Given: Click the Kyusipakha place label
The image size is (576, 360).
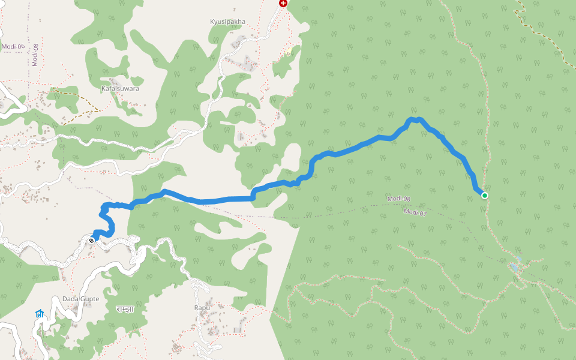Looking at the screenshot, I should (227, 22).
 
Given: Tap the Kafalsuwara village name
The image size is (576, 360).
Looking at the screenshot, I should (120, 88).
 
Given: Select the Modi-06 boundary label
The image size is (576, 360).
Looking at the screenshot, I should (13, 46).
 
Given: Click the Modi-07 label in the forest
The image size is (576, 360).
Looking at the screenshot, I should (415, 212).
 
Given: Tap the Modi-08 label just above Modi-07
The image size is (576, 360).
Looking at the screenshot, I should (398, 199).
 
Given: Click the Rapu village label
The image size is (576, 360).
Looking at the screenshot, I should (201, 308).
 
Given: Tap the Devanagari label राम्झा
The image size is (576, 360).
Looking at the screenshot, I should (125, 309).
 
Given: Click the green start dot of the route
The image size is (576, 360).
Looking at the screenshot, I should (484, 196).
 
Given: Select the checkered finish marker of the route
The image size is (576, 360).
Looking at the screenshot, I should (91, 240).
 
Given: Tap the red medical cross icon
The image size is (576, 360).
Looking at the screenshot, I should (283, 4).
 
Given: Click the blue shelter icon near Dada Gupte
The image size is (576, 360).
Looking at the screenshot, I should (40, 314).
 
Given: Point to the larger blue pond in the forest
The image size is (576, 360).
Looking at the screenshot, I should (514, 265).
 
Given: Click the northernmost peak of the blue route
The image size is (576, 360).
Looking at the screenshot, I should (414, 119).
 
